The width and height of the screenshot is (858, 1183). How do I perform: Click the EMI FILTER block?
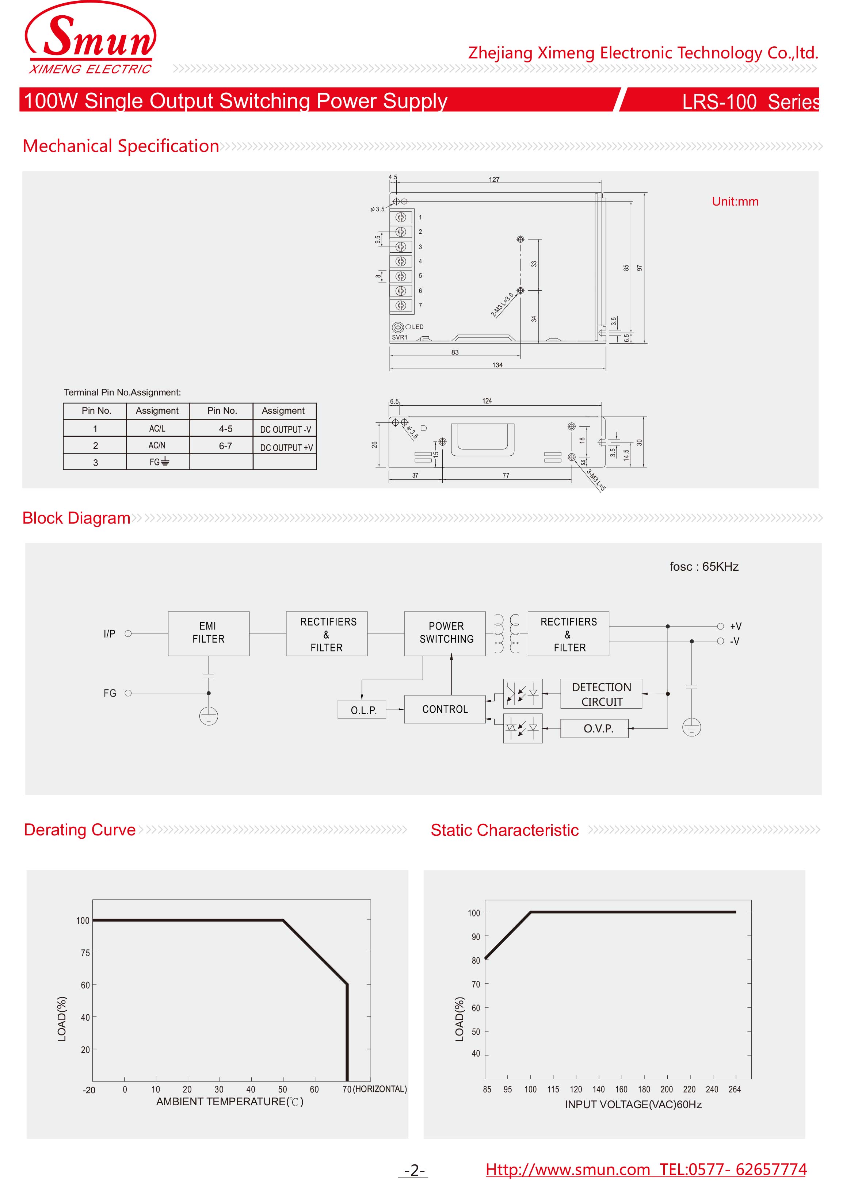pos(208,633)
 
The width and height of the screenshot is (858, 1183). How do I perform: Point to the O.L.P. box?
pos(362,709)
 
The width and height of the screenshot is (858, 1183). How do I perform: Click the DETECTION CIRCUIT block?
pos(601,694)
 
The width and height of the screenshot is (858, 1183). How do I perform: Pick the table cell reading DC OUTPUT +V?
pos(286,447)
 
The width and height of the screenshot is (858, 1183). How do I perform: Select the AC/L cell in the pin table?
pos(157,428)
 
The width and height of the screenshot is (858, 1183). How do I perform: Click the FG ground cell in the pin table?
pos(158,462)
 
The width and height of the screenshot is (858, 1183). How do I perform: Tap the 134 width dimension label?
pos(497,365)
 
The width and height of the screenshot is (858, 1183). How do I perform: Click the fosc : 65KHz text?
pos(703,566)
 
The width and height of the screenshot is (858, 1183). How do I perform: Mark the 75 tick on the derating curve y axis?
pos(85,953)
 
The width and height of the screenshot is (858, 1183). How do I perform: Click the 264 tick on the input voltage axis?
pos(734,1089)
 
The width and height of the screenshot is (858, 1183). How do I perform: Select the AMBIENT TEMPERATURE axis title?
pos(230,1102)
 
